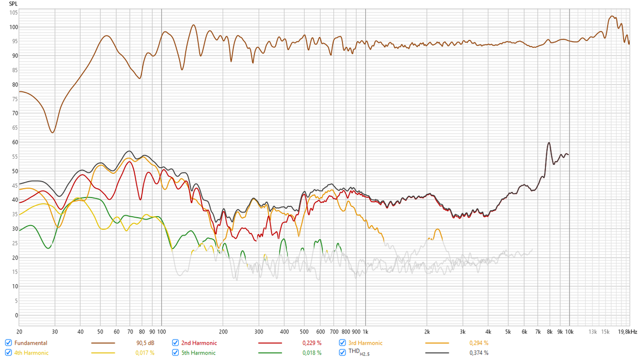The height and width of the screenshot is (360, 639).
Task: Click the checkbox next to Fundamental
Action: pos(8,343)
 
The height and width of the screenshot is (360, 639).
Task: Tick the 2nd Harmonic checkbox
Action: pos(175,343)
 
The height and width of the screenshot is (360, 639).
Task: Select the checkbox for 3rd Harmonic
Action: pos(342,343)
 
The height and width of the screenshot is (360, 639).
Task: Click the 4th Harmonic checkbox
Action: pos(8,353)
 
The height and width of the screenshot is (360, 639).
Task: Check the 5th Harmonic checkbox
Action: pos(175,353)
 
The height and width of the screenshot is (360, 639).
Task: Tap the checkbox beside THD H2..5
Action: pos(342,353)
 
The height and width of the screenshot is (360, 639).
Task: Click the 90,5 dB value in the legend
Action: pos(145,343)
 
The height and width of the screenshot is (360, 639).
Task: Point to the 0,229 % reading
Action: pos(312,343)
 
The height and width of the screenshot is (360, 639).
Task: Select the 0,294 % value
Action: pos(479,343)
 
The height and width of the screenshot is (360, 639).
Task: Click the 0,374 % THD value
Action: pos(479,353)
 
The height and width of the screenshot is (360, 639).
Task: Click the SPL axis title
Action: pos(13,3)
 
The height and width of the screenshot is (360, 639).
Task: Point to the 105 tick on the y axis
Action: pos(13,12)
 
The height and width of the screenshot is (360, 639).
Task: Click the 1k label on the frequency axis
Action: pos(365,332)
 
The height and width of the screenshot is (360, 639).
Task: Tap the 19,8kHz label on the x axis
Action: pos(628,332)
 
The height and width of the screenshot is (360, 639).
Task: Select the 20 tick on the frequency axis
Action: pos(19,332)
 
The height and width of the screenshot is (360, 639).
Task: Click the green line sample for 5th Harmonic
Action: pos(270,353)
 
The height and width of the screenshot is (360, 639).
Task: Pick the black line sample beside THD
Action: pos(437,353)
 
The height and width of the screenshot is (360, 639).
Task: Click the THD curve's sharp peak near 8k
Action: pos(549,143)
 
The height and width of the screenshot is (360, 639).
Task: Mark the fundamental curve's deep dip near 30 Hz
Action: pos(52,132)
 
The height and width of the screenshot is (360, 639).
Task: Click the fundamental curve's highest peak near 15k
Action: pos(612,16)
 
